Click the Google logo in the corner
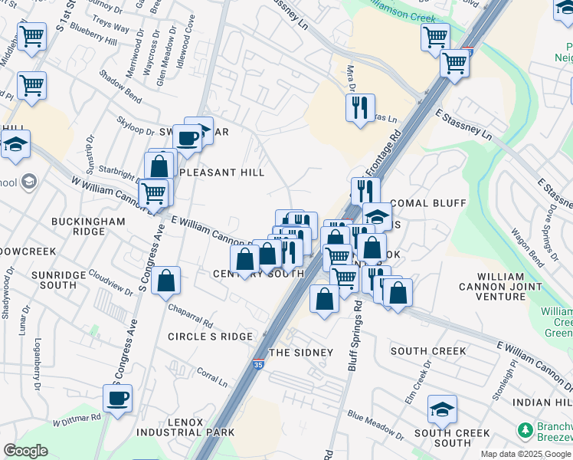click(x=26, y=451)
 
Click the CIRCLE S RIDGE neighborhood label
click(x=210, y=337)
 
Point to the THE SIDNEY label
click(x=301, y=353)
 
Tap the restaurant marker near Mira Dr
click(x=360, y=108)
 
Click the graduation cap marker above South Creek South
click(x=442, y=410)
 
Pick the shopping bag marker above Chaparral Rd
click(x=166, y=282)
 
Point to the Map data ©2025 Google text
click(x=526, y=454)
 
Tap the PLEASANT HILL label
click(x=217, y=173)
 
